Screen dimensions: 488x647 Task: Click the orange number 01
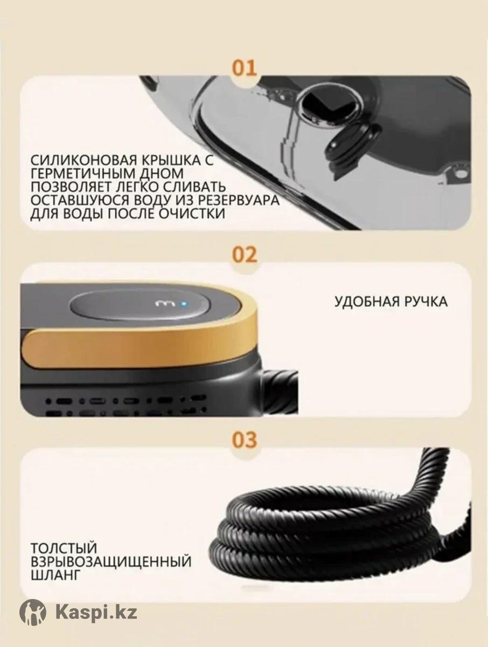244,69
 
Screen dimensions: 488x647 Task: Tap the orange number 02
244,254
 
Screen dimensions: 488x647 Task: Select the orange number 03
244,440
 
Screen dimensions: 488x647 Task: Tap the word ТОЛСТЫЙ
64,548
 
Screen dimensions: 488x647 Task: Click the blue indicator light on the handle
182,302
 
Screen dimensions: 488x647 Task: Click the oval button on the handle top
138,305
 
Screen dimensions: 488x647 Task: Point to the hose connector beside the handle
279,389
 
